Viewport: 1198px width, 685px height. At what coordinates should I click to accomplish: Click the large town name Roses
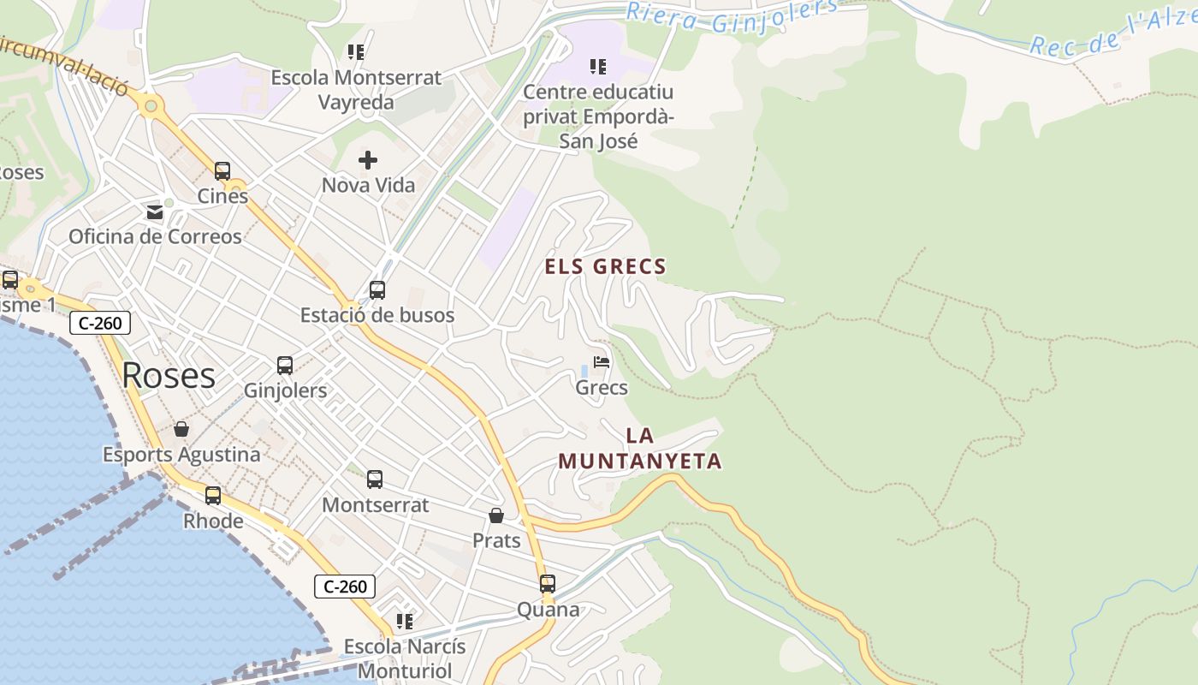(169, 375)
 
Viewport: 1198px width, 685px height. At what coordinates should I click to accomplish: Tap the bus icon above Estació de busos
(377, 290)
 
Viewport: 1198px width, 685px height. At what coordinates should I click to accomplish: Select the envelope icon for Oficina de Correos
(155, 211)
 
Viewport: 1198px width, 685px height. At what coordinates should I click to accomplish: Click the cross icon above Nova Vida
(368, 160)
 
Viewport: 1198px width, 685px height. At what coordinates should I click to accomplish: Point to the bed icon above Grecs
(602, 363)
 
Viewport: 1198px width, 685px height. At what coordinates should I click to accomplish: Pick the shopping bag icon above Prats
(496, 515)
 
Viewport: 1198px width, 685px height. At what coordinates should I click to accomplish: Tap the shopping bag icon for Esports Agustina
(181, 429)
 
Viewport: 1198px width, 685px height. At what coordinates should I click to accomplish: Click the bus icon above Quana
(548, 584)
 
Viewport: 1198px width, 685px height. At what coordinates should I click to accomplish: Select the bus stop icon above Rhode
(213, 496)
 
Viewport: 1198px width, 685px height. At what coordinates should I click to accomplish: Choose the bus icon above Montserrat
(375, 479)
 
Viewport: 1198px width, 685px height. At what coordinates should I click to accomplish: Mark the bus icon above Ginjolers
(285, 366)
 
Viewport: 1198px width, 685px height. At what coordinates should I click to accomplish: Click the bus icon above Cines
(222, 171)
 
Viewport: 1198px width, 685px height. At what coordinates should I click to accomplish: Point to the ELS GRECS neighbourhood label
(605, 267)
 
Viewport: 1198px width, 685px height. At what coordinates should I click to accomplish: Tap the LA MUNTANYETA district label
(640, 449)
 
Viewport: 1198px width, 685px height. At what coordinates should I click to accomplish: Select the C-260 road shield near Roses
(101, 323)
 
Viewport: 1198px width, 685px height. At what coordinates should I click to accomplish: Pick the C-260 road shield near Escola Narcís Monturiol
(346, 587)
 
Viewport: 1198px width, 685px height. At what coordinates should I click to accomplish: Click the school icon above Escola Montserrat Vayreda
(356, 52)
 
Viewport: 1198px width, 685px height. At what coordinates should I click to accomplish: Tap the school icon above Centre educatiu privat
(598, 66)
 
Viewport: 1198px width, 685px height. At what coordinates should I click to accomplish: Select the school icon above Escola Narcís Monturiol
(405, 621)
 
